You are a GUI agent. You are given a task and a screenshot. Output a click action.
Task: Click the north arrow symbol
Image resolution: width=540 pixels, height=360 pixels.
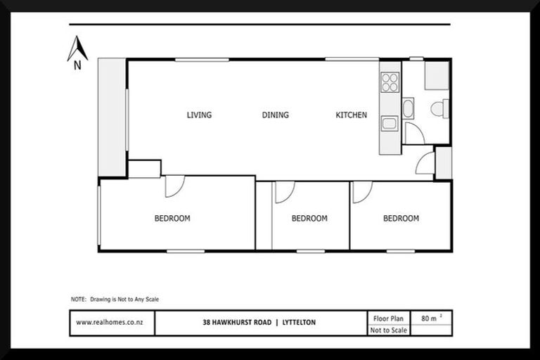click(x=77, y=51)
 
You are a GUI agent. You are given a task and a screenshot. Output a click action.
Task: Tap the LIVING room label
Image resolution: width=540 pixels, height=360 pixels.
click(x=199, y=115)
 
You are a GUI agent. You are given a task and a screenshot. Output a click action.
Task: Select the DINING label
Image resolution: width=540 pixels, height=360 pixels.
click(x=275, y=115)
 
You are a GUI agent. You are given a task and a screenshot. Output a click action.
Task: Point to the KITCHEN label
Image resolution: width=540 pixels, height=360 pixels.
click(x=351, y=115)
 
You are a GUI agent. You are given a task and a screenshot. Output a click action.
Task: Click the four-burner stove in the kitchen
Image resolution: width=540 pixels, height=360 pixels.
click(x=390, y=83)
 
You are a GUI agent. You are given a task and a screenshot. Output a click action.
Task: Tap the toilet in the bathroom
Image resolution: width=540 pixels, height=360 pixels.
click(x=439, y=108)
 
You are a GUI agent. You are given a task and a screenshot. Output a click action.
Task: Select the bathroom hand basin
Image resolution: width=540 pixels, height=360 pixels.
click(x=408, y=108)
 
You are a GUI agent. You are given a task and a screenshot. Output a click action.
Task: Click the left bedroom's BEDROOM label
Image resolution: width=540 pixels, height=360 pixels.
click(x=172, y=219)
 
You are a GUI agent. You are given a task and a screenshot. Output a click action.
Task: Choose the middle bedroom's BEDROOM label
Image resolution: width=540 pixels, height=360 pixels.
click(x=309, y=219)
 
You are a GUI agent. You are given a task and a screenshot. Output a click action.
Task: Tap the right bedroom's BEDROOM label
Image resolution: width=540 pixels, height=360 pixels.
click(x=401, y=219)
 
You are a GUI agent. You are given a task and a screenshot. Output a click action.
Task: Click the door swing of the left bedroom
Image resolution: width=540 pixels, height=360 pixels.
click(x=174, y=186)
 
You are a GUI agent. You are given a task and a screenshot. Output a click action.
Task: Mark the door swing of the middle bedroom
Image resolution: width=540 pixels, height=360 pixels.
click(x=283, y=191)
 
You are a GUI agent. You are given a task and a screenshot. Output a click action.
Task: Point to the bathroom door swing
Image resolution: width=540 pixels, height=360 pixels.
click(x=413, y=133)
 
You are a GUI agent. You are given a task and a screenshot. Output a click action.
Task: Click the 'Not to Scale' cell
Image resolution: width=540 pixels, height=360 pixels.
click(x=388, y=330)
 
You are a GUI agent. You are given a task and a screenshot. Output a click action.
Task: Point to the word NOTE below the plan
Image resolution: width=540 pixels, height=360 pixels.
click(x=79, y=299)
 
